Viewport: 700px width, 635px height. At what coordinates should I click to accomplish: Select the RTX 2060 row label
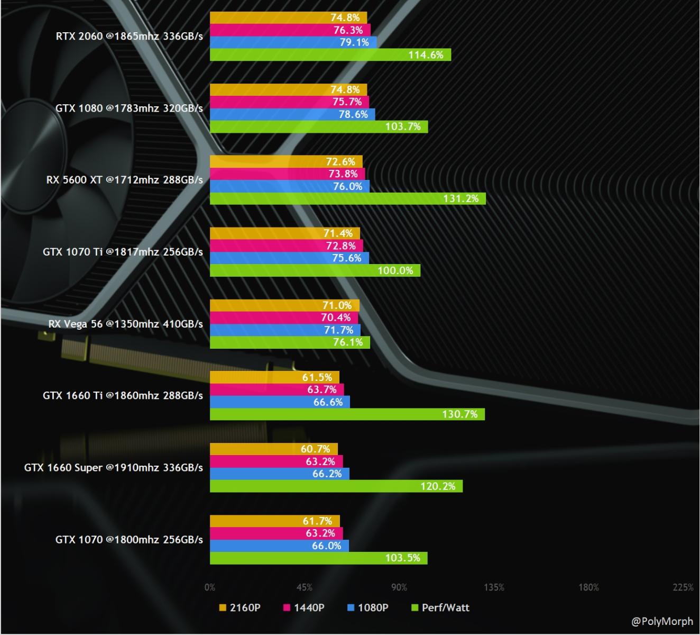pos(129,37)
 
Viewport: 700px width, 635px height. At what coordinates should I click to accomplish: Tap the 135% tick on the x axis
pos(494,587)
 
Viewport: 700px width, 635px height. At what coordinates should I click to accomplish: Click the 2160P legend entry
pos(240,608)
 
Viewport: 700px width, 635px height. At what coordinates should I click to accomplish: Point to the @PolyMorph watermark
pos(662,622)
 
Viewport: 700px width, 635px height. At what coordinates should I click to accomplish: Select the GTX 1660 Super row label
pos(113,468)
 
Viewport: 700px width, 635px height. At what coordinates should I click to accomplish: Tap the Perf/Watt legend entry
pos(440,608)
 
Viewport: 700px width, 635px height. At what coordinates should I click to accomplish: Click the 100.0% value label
pos(395,270)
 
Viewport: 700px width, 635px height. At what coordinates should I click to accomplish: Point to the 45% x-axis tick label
pos(305,587)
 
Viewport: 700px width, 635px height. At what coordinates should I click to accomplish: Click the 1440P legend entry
pos(303,608)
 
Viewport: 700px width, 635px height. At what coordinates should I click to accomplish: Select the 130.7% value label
pos(459,414)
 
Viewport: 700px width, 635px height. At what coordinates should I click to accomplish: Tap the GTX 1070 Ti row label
pos(123,252)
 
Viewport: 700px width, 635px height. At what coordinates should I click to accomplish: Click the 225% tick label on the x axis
pos(683,587)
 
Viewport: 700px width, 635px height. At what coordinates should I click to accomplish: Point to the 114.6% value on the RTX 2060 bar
pos(426,55)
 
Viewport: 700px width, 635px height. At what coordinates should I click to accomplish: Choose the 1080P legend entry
pos(367,608)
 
